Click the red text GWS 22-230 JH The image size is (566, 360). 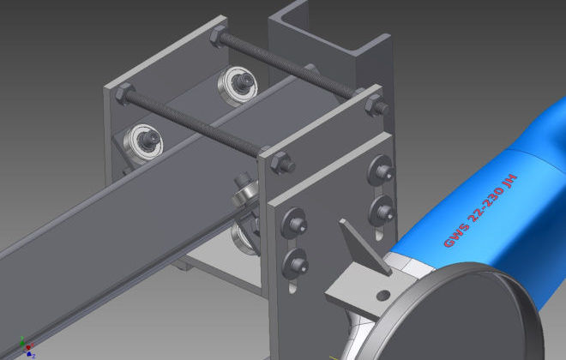click(480, 211)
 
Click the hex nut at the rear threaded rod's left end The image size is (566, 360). click(218, 37)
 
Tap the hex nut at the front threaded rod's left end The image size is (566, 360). click(124, 93)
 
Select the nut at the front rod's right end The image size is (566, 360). click(282, 163)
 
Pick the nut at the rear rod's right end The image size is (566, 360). click(376, 105)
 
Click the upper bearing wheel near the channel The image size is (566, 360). click(238, 86)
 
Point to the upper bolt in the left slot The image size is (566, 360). click(294, 224)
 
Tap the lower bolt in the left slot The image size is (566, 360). click(295, 263)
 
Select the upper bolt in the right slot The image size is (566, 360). click(381, 171)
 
